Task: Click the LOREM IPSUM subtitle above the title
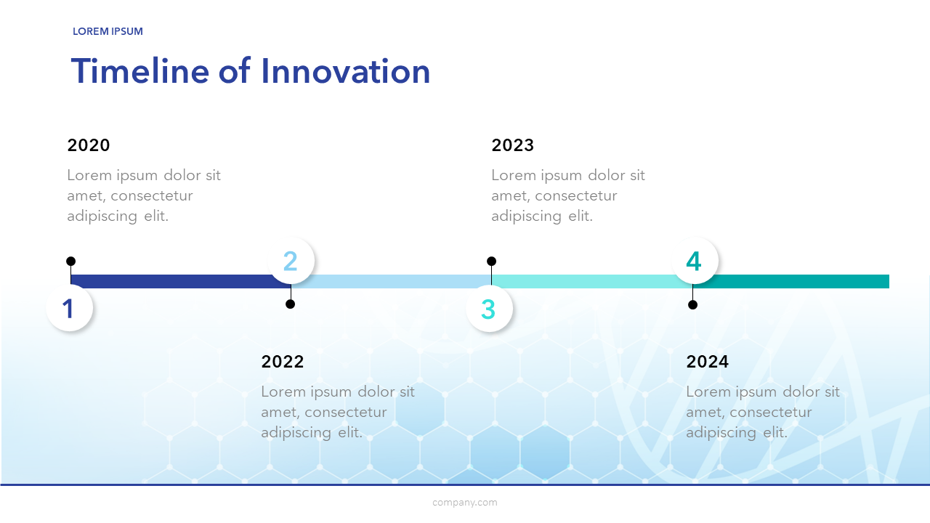click(108, 31)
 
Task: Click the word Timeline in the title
click(140, 71)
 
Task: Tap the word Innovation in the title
click(345, 71)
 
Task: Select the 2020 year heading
click(89, 145)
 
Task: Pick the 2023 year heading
click(513, 145)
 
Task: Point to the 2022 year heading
click(283, 362)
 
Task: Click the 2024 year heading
click(707, 362)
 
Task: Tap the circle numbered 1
click(69, 308)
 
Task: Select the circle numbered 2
click(291, 261)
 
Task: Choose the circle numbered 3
click(489, 309)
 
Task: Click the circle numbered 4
click(695, 261)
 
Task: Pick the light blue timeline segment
click(391, 281)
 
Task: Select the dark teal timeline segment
click(791, 281)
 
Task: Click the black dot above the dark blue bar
click(70, 261)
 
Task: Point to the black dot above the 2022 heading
click(290, 304)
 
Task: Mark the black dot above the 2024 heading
click(692, 304)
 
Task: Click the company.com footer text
click(464, 503)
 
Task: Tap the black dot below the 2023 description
click(492, 261)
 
